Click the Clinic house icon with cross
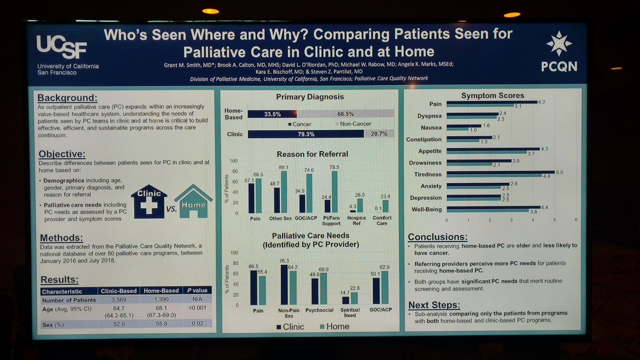(149, 201)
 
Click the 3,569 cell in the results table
(118, 300)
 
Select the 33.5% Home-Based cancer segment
(272, 114)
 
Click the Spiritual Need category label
(350, 313)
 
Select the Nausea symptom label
(431, 127)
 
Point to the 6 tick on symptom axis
(576, 219)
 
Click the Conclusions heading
(437, 237)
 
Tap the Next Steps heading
(434, 305)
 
